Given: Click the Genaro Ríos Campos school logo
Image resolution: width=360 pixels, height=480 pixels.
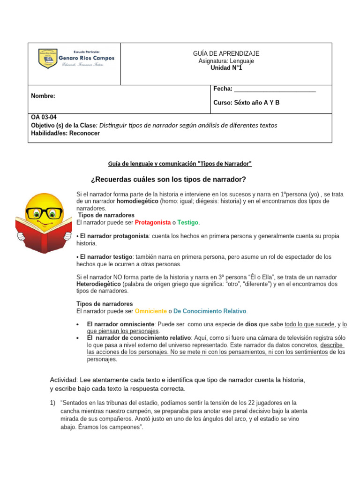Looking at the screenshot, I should coord(75,58).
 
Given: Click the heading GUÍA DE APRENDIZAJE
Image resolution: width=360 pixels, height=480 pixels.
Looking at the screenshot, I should coord(226,54).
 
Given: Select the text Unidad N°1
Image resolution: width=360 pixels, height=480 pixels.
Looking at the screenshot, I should coord(226,68).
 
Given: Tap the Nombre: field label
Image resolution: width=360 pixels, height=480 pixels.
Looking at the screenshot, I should coord(43,96).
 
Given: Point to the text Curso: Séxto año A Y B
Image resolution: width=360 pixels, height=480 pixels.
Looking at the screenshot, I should coord(246,103).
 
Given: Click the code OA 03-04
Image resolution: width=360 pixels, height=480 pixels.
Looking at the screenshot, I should coord(44,118).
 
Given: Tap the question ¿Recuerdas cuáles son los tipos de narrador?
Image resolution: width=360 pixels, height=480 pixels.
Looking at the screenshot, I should coord(167,180).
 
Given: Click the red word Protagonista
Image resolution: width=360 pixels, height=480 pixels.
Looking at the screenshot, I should coord(152,222).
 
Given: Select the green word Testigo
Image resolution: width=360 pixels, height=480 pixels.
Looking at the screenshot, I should coord(188,222).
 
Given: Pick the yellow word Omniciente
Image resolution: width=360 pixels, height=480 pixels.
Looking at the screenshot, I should coord(150,311).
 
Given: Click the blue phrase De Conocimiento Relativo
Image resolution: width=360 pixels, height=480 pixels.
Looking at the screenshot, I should coord(210,311).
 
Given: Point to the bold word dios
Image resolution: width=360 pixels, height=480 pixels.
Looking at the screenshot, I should coord(251,324).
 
